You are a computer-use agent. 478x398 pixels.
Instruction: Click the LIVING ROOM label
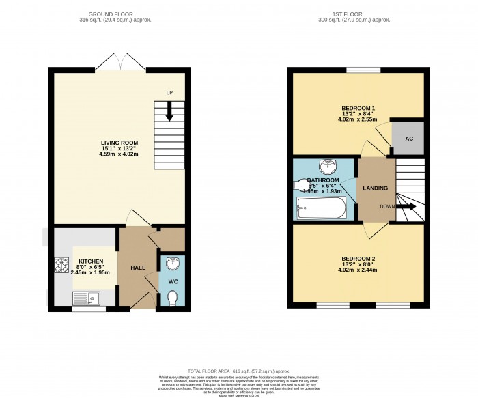point(119,143)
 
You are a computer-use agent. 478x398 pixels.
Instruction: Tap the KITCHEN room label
point(91,261)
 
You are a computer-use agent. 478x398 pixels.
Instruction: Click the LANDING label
point(376,188)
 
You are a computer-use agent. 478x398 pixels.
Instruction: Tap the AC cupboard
point(409,139)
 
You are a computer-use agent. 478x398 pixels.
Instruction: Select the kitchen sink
point(86,298)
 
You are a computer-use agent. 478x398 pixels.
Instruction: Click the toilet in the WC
point(173,298)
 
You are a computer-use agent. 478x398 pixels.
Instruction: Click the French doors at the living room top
point(120,63)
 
